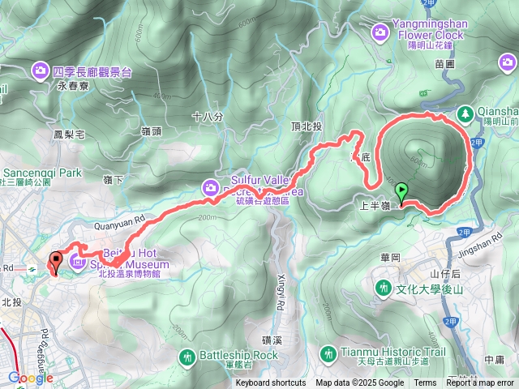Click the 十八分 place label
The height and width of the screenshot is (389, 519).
pyautogui.click(x=207, y=117)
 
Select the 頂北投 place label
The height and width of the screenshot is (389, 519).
pyautogui.click(x=306, y=126)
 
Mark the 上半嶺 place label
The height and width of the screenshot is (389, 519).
pyautogui.click(x=374, y=206)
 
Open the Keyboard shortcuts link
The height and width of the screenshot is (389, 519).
pyautogui.click(x=271, y=383)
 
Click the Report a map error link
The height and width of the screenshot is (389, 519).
pyautogui.click(x=480, y=383)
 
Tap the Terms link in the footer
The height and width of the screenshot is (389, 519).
pyautogui.click(x=425, y=383)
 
